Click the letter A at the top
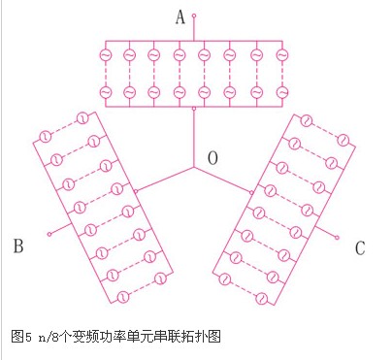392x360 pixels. (180, 17)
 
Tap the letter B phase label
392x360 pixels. (18, 245)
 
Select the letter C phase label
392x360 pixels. (360, 248)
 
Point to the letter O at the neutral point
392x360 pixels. (212, 158)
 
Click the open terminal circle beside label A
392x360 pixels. (194, 16)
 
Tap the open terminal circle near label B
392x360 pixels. (49, 234)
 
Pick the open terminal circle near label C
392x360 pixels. (337, 238)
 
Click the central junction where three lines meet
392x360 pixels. (194, 167)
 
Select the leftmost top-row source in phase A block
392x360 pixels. (106, 55)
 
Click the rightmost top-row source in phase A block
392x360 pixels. (282, 55)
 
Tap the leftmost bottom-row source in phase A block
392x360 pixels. (106, 92)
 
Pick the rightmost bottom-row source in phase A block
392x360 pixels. (282, 92)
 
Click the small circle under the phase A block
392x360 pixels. (194, 109)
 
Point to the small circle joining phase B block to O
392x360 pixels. (136, 191)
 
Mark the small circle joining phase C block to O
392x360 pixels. (251, 193)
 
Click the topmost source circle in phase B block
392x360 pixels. (82, 118)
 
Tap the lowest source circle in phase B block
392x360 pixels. (123, 297)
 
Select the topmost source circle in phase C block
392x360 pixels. (306, 121)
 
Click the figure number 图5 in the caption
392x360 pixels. (21, 337)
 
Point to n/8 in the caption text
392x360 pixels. (49, 337)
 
